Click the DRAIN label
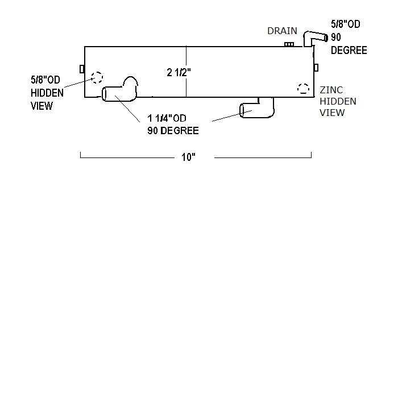pos(282,31)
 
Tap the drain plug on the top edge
pos(289,44)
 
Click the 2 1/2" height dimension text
pos(179,72)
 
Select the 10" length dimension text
pos(189,157)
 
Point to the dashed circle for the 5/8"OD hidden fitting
pos(97,77)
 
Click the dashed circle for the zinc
pos(303,89)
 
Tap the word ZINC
pos(331,90)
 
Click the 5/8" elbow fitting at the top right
pos(312,39)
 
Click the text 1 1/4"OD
pos(167,118)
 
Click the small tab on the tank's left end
pos(82,69)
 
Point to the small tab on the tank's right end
pos(316,67)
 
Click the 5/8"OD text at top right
pos(346,24)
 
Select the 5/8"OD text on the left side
pos(45,80)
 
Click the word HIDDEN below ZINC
pos(338,101)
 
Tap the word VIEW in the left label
pos(42,106)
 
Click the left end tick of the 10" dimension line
pos(81,155)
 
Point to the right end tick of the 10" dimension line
pos(311,155)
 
